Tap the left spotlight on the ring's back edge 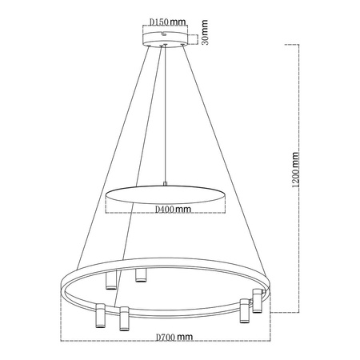pyautogui.click(x=111, y=280)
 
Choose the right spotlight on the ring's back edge pyautogui.click(x=142, y=275)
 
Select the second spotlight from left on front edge pyautogui.click(x=124, y=318)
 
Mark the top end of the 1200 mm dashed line pyautogui.click(x=299, y=46)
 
